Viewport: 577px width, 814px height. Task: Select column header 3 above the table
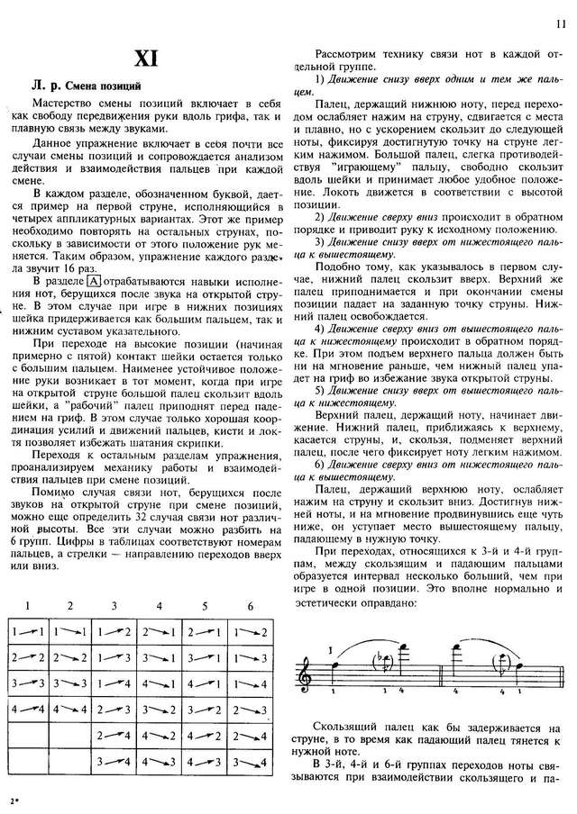click(114, 606)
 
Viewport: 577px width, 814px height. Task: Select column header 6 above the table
click(248, 606)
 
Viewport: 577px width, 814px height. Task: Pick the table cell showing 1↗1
click(29, 633)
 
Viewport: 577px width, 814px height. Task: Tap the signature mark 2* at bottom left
click(12, 800)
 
